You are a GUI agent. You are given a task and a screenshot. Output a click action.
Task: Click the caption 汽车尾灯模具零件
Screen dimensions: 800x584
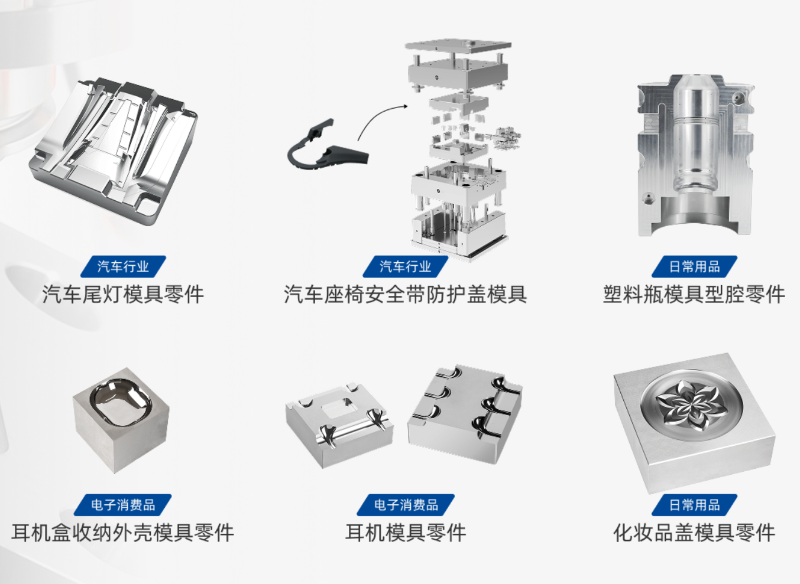tap(123, 294)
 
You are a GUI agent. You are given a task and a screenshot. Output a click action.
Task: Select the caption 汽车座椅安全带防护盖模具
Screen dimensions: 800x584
tap(406, 294)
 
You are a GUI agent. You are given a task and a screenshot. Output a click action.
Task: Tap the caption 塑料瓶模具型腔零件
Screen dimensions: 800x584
tap(694, 294)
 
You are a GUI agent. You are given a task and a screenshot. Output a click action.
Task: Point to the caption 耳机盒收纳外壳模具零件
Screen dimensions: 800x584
tap(123, 533)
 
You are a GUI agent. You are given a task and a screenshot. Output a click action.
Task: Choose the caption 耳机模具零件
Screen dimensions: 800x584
tap(406, 533)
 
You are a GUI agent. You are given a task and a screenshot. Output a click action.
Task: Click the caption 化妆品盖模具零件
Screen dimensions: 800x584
tap(694, 533)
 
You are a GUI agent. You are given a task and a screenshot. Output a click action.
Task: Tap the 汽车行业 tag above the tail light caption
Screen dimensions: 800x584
tap(123, 266)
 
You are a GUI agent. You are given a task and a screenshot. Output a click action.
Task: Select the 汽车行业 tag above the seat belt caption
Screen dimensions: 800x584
tap(406, 266)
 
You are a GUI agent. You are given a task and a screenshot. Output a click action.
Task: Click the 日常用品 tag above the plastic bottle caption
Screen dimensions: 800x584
tap(694, 266)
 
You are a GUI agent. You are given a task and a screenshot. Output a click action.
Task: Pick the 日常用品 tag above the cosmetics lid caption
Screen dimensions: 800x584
tap(694, 505)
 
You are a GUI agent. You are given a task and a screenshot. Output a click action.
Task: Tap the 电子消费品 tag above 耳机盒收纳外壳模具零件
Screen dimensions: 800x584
tap(123, 505)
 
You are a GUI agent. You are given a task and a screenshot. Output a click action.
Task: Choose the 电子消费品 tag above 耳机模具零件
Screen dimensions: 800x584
tap(406, 505)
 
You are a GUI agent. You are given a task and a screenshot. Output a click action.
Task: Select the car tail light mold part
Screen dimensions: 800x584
tap(113, 151)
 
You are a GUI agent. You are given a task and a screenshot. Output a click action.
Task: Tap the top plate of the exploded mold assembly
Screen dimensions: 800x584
tap(458, 47)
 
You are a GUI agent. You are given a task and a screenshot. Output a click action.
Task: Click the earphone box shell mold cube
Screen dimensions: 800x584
tap(121, 420)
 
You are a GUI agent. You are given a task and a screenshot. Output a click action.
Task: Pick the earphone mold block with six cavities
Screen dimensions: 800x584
tap(465, 413)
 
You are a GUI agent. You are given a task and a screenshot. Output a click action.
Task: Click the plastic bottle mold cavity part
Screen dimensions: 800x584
tap(695, 155)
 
